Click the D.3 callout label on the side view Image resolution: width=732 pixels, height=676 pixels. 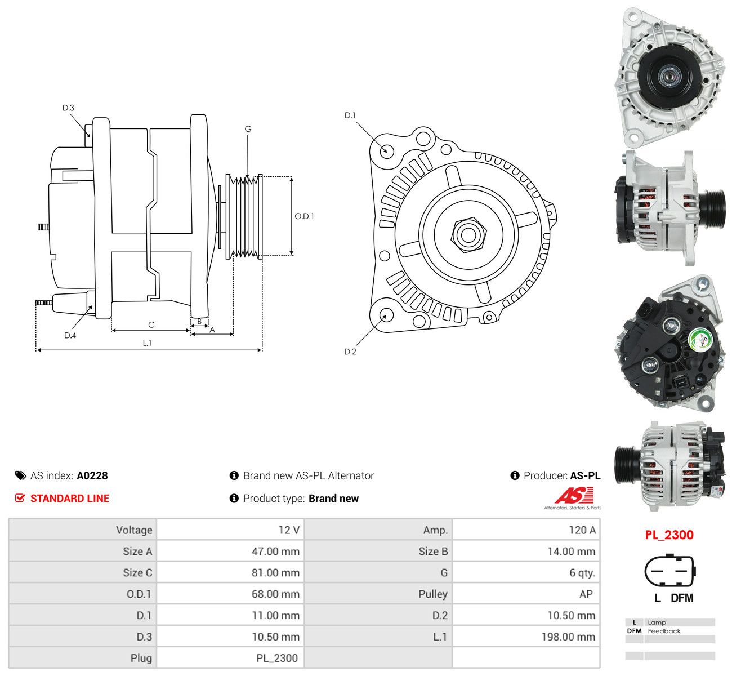[x=68, y=108]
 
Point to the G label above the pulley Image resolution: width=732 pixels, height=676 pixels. [x=248, y=129]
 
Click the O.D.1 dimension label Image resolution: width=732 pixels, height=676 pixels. [x=304, y=216]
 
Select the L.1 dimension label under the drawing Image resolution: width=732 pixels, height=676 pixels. [x=147, y=343]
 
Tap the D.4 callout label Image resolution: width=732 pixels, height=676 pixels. [x=70, y=335]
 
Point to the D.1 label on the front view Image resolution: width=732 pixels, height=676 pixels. [x=350, y=115]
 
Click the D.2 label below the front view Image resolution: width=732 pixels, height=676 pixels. [x=350, y=352]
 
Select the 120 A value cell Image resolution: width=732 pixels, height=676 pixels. [x=582, y=530]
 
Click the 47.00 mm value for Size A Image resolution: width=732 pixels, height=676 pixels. [x=275, y=552]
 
